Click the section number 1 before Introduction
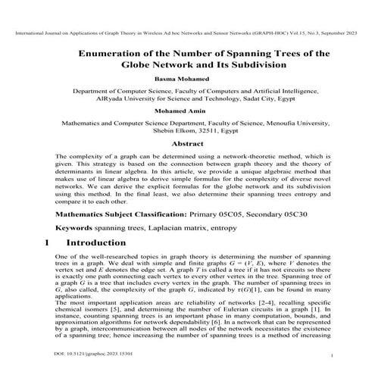tap(47, 243)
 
